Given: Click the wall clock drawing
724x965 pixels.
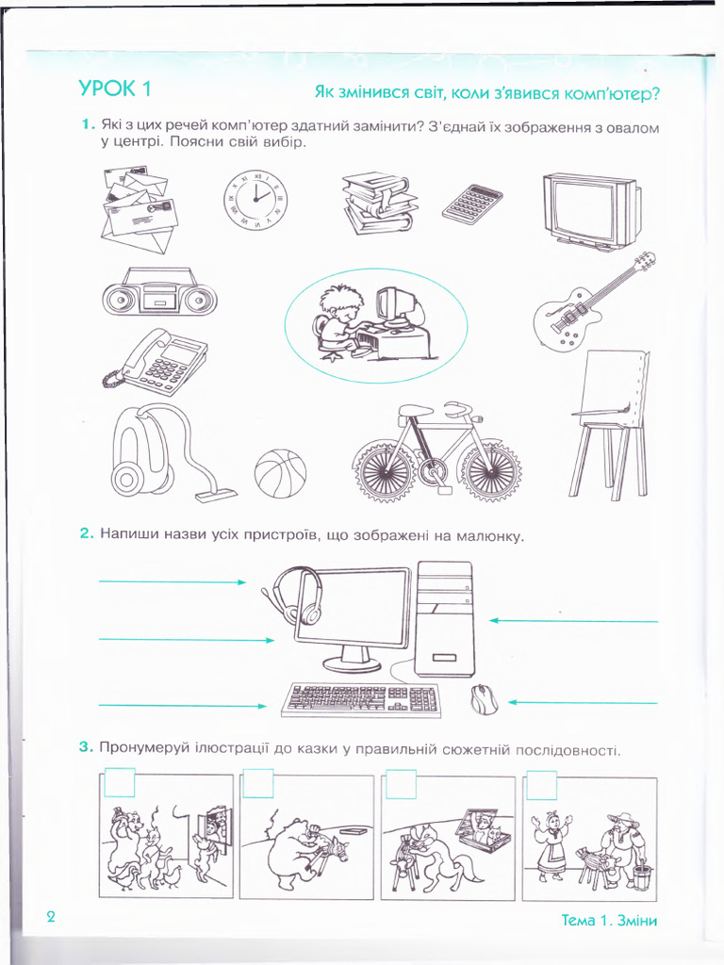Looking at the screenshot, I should pos(255,203).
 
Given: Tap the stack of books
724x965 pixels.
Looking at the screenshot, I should pos(379,202).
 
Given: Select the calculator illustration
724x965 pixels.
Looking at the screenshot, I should pos(471,204).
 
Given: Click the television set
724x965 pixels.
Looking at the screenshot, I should pos(591,210).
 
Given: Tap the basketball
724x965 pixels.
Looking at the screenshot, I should pos(280,473).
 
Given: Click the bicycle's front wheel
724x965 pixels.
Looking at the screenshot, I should pos(488,469).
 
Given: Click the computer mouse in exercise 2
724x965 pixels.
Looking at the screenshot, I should pos(484,699).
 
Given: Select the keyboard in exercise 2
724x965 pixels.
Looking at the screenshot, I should pos(361,699).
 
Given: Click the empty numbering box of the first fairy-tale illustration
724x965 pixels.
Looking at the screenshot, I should pos(120,783).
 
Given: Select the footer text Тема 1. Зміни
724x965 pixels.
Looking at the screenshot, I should pos(608,921).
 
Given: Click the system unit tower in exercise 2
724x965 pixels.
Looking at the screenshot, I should pos(444,618).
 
